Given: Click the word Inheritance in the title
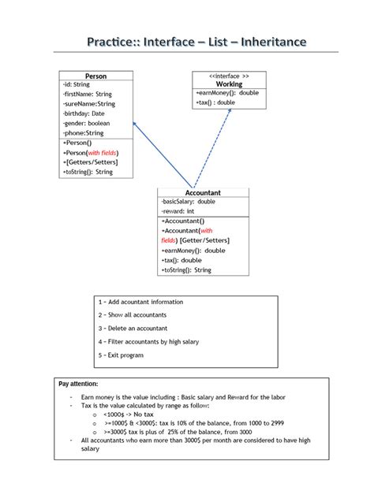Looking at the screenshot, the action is (274, 42).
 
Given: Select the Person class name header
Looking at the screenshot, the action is (95, 76).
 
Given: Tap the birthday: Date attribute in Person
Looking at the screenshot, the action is (84, 113).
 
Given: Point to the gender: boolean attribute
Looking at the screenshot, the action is (87, 123).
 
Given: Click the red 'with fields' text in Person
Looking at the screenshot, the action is (102, 153).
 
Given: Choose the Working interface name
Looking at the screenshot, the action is (229, 84).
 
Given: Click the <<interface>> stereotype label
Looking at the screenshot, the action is (229, 76).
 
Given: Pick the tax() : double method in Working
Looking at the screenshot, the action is (215, 102).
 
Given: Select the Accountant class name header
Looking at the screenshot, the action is (203, 193).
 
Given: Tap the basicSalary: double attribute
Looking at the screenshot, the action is (189, 202).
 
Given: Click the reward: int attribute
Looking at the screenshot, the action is (178, 211).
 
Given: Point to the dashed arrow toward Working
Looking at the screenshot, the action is (212, 148).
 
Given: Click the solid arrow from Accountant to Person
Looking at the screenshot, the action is (163, 154).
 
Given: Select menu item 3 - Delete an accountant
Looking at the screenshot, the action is (133, 329).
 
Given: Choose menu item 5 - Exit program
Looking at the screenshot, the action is (121, 355).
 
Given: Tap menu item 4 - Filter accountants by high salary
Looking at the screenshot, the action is (148, 342).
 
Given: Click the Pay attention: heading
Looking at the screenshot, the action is (78, 384).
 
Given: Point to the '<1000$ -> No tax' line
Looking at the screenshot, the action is (129, 414).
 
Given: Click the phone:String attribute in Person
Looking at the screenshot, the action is (84, 133).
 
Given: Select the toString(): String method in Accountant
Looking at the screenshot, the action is (186, 270).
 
